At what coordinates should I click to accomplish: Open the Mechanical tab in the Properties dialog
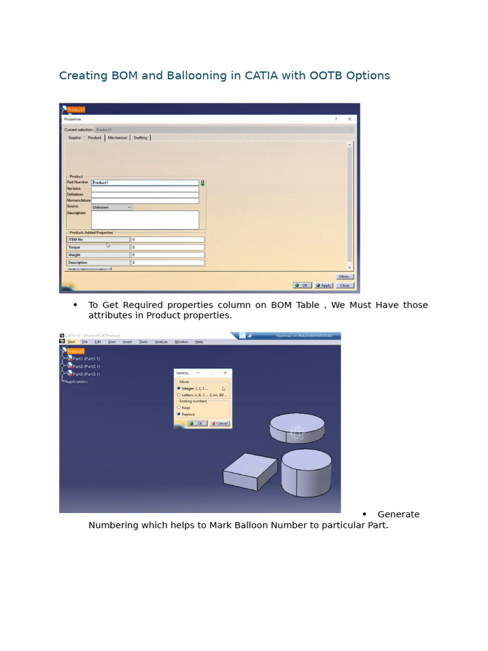117,137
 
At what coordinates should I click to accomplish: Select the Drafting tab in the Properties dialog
140,137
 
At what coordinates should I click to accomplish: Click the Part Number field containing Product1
145,182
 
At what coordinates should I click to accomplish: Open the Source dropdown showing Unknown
111,207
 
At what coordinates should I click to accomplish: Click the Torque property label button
98,247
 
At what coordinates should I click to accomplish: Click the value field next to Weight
168,255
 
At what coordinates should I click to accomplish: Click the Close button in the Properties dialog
344,285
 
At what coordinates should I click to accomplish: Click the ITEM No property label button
98,240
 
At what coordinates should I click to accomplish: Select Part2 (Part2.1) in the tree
86,366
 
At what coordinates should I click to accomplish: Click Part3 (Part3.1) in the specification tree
86,374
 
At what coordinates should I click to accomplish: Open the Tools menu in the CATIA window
143,342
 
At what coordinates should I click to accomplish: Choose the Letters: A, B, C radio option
179,395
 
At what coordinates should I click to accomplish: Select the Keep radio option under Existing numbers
179,408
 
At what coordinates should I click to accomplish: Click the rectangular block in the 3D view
250,472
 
